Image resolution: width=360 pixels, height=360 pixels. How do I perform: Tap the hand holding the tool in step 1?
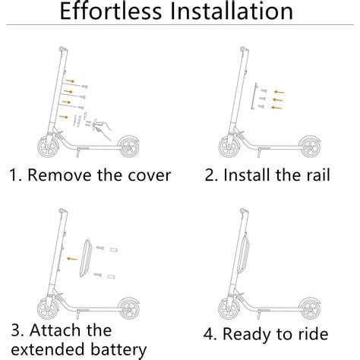tap(106, 120)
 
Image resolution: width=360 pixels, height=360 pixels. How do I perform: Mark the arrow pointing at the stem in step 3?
tap(71, 258)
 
